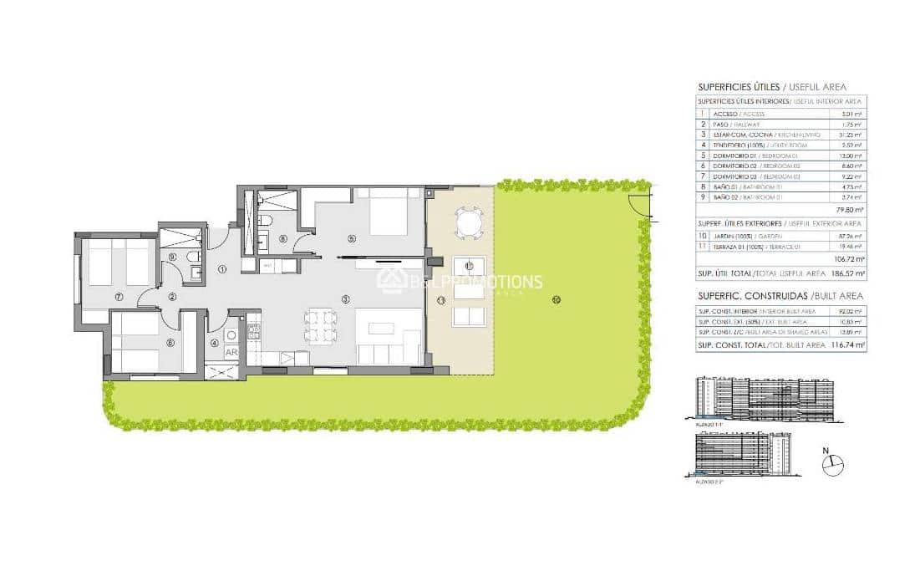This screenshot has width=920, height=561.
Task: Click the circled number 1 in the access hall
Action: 223,269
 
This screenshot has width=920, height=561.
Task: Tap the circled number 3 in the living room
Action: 344,298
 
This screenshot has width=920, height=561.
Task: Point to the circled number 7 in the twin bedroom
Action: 119,296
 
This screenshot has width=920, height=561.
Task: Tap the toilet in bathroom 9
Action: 194,256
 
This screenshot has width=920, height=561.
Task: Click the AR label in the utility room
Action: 231,352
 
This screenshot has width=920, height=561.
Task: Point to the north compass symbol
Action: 832,466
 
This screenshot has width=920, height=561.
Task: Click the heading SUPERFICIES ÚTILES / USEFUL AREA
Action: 771,87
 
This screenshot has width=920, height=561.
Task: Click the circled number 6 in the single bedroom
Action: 170,342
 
